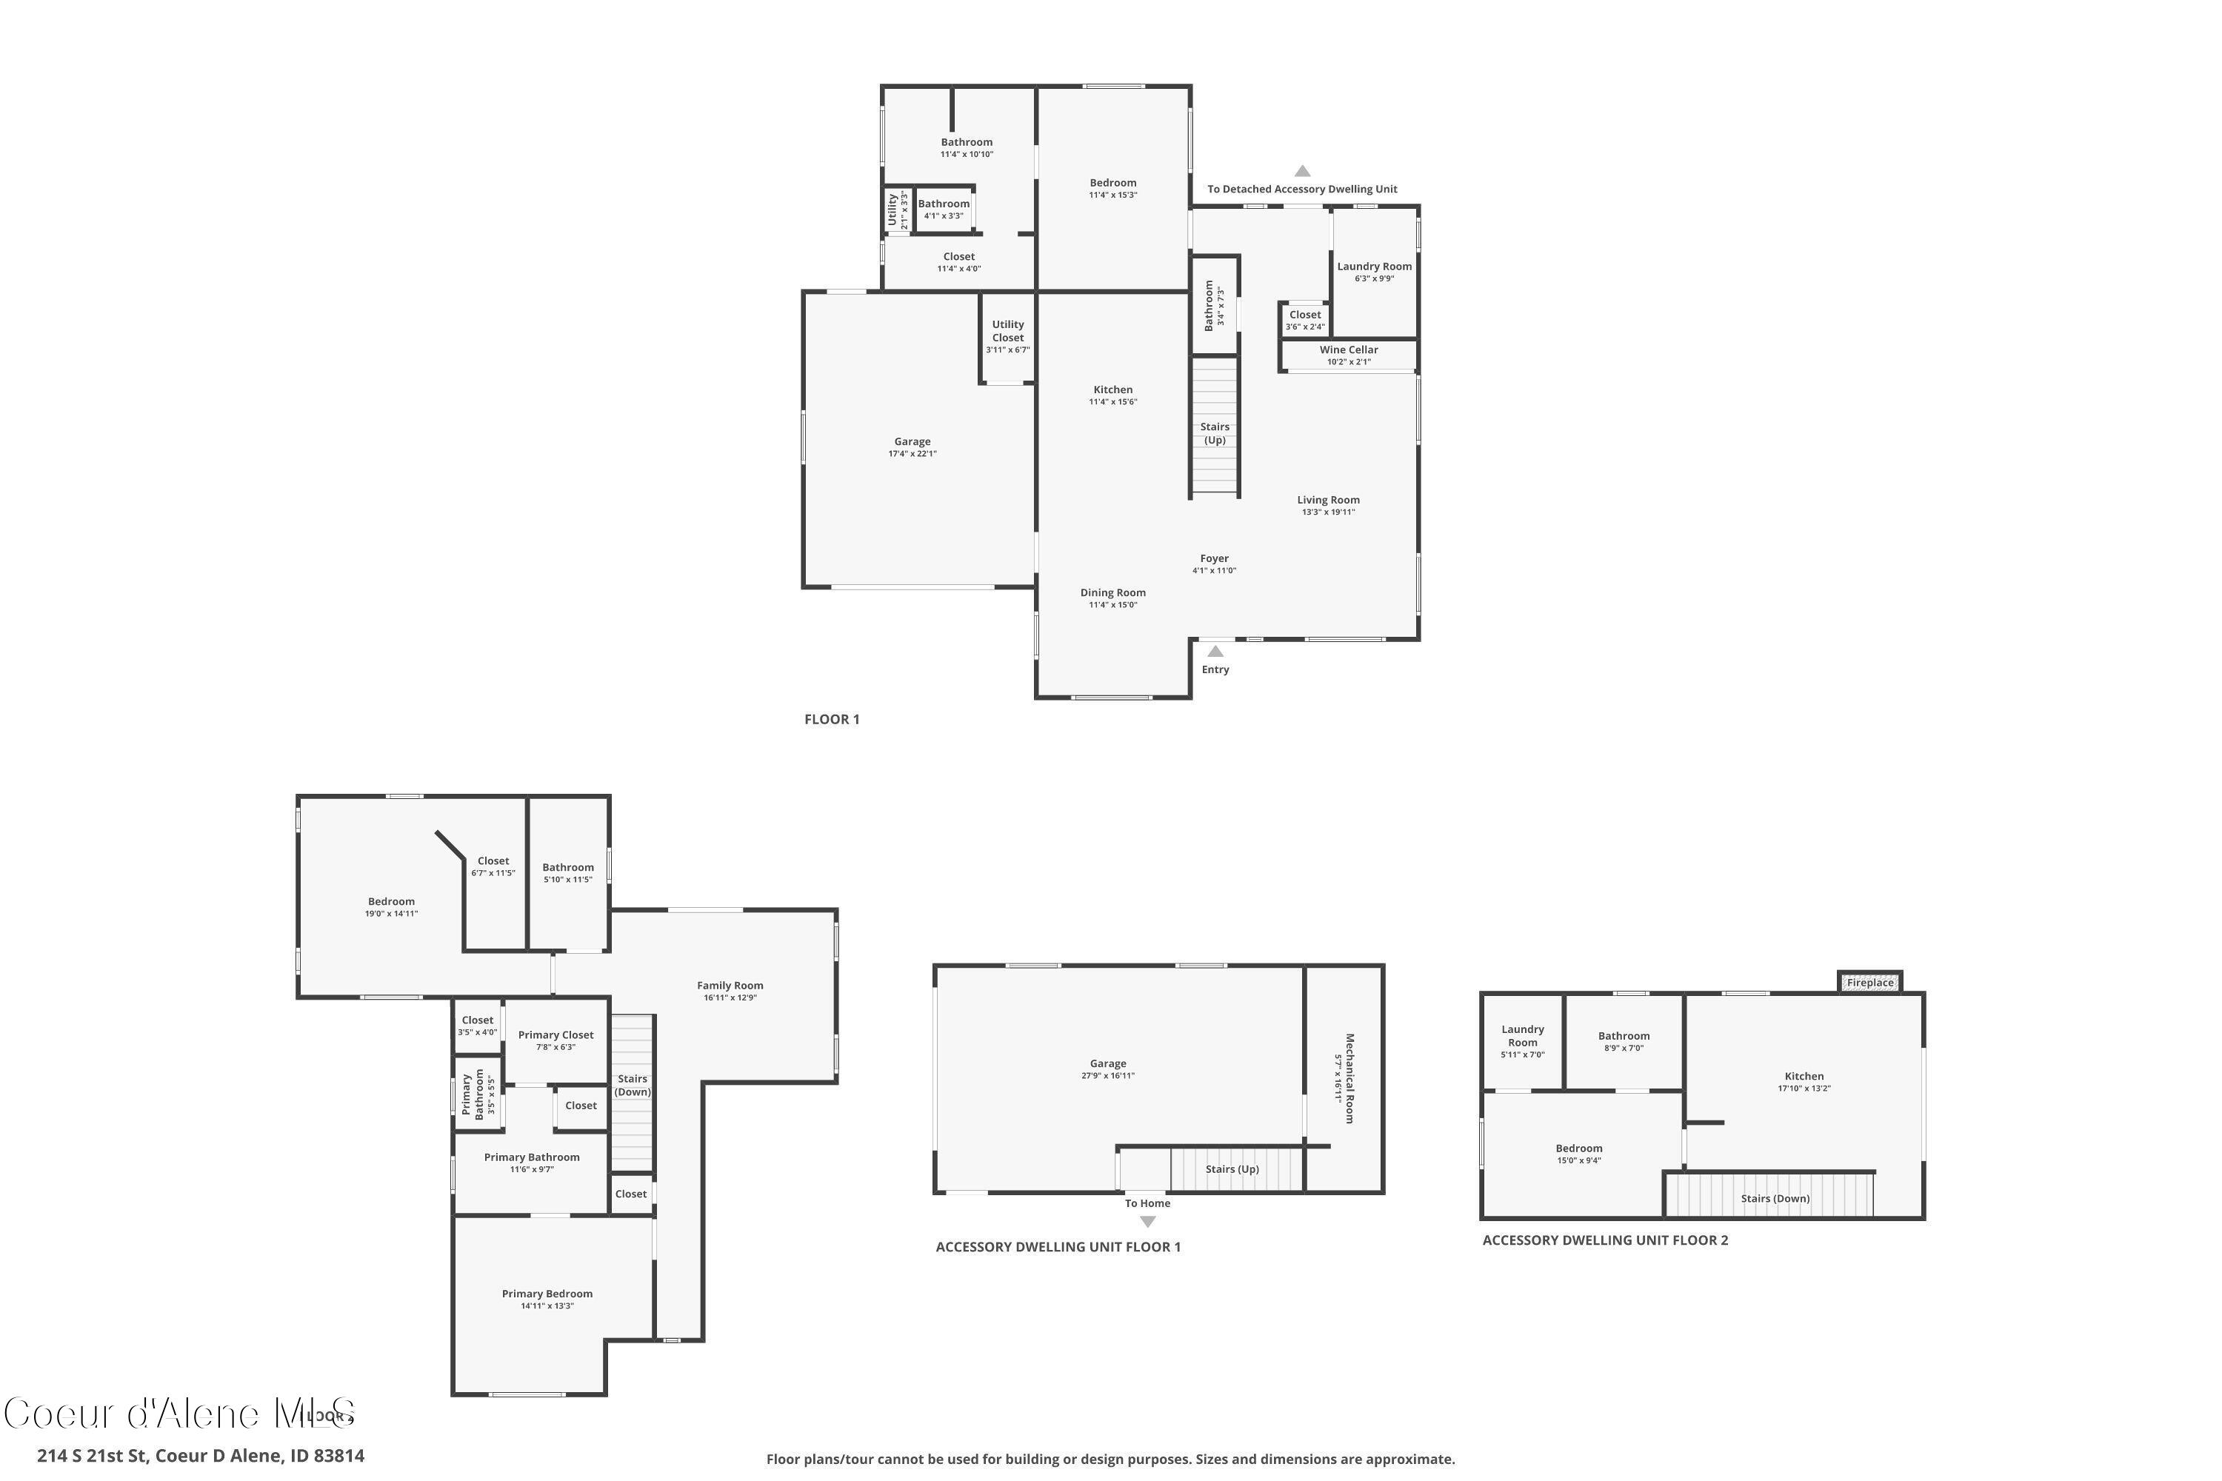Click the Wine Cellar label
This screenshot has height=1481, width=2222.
point(1348,350)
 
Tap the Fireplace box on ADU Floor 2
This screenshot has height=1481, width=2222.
point(1869,983)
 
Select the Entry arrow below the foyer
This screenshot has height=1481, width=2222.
point(1215,652)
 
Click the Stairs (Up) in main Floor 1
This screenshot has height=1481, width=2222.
point(1214,432)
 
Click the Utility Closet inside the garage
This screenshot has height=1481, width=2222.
point(1007,336)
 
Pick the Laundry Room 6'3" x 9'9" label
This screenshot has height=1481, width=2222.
point(1374,271)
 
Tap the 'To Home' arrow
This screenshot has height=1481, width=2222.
point(1147,1220)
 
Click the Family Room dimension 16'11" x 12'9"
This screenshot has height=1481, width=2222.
point(730,997)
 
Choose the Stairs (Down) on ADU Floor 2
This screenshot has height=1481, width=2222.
point(1774,1197)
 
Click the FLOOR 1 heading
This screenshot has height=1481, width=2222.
point(831,719)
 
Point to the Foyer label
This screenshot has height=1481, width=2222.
point(1214,558)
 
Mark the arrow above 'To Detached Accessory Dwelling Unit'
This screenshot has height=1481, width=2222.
point(1302,171)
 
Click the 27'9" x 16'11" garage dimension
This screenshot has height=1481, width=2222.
point(1107,1075)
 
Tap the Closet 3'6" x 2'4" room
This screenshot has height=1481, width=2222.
point(1304,319)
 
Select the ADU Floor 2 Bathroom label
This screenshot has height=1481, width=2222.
point(1623,1035)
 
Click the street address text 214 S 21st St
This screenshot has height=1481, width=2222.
point(200,1456)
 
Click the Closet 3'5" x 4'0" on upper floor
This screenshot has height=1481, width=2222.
point(477,1025)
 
